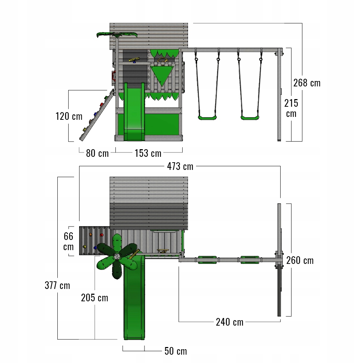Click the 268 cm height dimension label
point(307,83)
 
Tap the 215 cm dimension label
point(291,108)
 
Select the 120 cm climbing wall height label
point(69,116)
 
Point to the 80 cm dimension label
point(97,153)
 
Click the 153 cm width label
point(148,153)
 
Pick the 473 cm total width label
point(180,167)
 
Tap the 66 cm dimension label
point(69,241)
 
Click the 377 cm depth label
point(57,285)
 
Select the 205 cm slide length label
point(94,298)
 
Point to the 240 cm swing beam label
point(230,322)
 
